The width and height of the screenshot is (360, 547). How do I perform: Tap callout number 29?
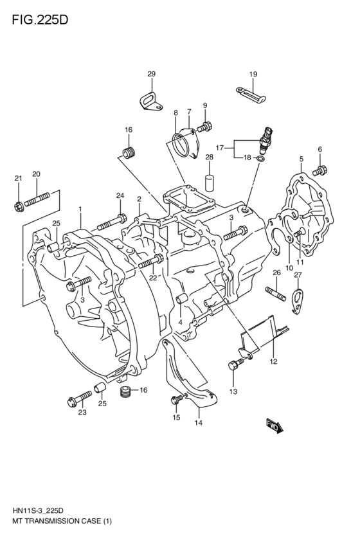pyautogui.click(x=152, y=75)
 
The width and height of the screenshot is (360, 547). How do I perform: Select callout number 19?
pyautogui.click(x=253, y=75)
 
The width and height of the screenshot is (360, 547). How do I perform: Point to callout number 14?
pyautogui.click(x=198, y=422)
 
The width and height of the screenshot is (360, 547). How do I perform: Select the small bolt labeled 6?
pyautogui.click(x=319, y=171)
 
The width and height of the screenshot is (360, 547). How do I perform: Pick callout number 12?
pyautogui.click(x=273, y=362)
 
